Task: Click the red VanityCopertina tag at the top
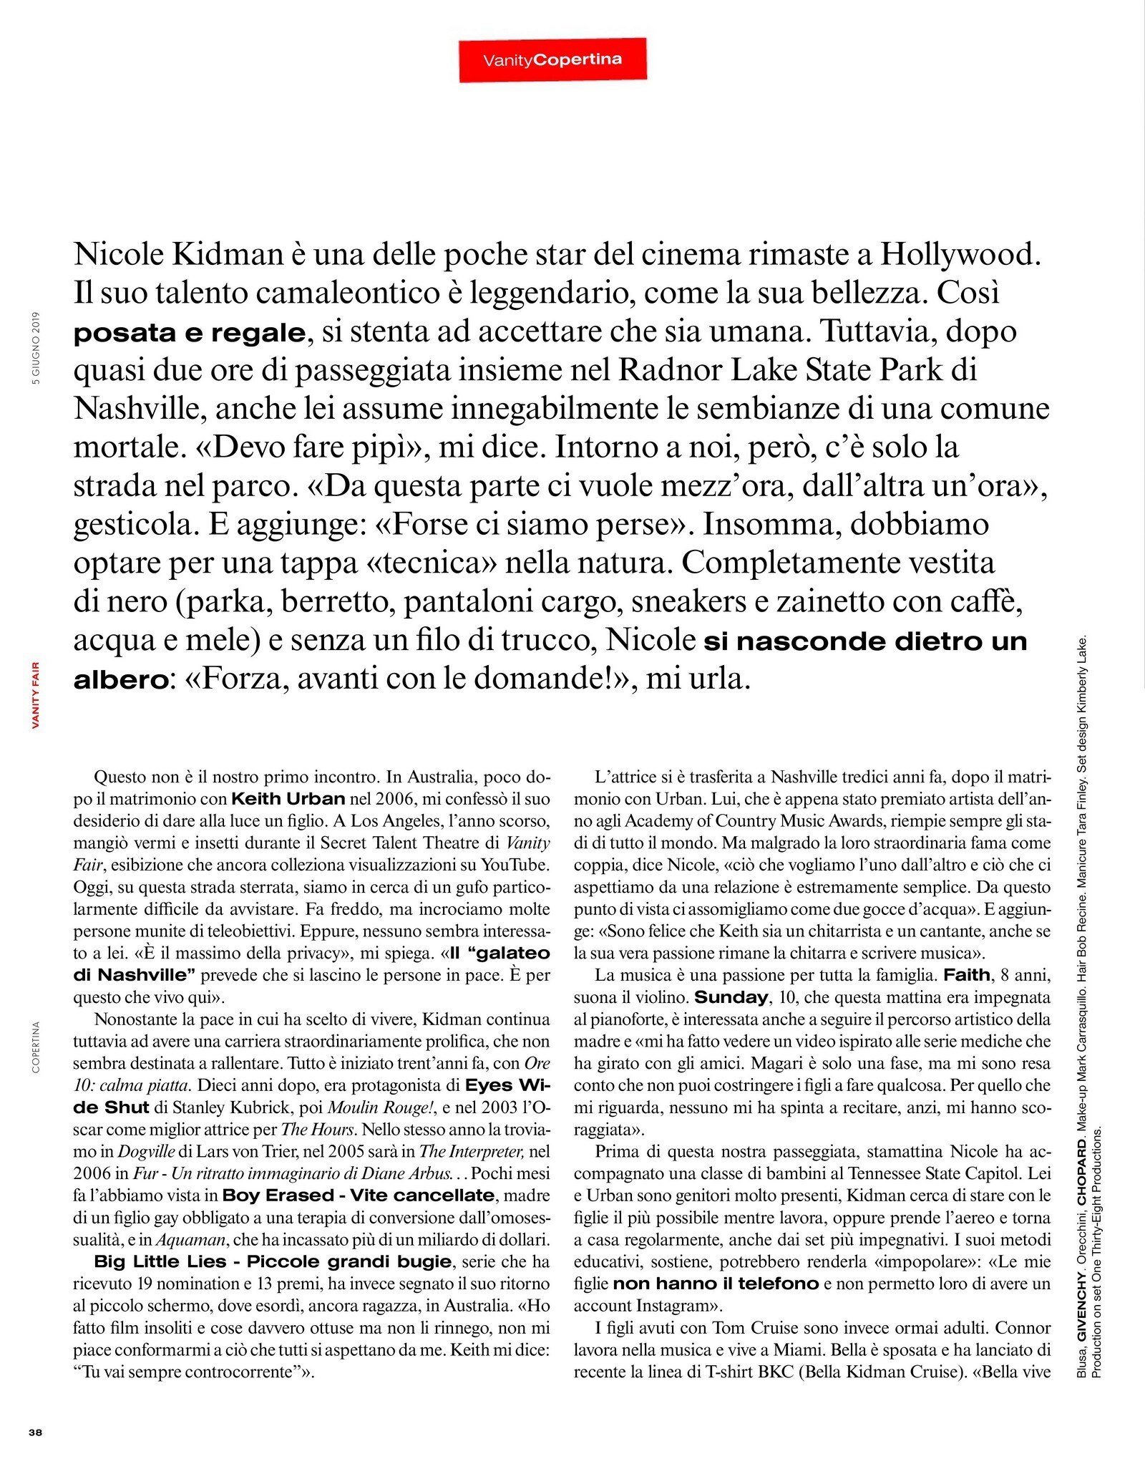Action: tap(552, 60)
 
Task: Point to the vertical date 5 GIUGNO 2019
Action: tap(36, 348)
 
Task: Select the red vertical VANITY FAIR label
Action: tap(36, 694)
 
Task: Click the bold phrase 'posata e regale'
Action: tap(190, 333)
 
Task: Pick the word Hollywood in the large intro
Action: tap(959, 254)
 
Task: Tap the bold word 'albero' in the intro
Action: tap(120, 679)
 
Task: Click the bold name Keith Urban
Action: tap(288, 798)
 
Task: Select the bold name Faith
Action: tap(967, 974)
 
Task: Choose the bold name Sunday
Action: tap(731, 996)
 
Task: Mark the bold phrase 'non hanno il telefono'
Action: tap(716, 1284)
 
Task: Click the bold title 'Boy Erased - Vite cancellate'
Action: tap(358, 1196)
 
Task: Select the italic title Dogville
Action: tap(146, 1152)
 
